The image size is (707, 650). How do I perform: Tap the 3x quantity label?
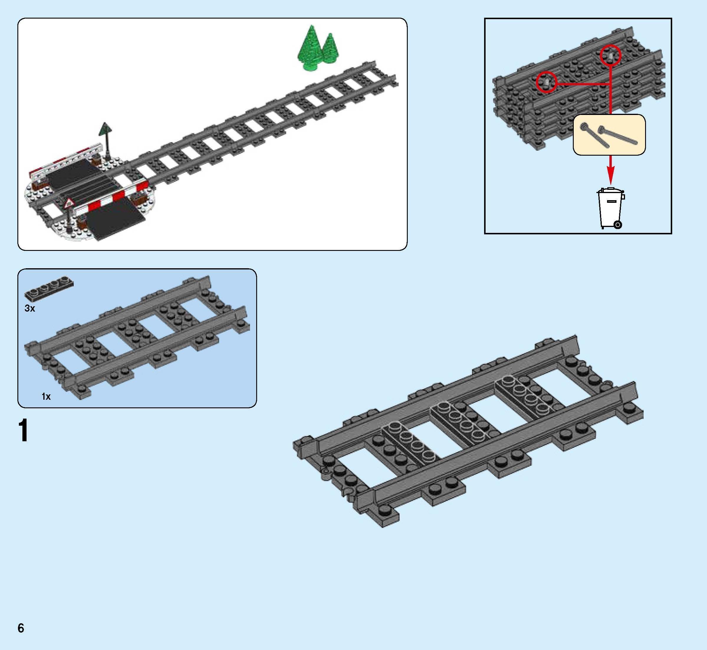(x=30, y=308)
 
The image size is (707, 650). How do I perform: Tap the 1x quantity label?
(x=46, y=396)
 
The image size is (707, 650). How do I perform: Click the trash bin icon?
(x=610, y=208)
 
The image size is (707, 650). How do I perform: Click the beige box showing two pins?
(x=609, y=134)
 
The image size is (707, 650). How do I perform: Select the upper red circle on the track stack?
(x=610, y=55)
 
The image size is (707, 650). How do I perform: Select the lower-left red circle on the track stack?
(x=546, y=82)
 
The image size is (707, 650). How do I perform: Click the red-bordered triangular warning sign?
(x=69, y=203)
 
